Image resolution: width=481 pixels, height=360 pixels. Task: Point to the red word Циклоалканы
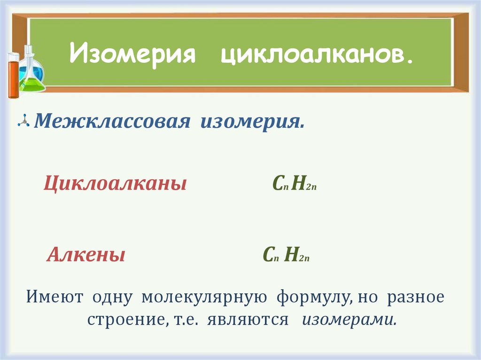click(115, 184)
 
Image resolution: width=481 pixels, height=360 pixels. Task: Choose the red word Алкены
click(86, 255)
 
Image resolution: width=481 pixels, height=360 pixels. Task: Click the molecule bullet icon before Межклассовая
click(23, 122)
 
